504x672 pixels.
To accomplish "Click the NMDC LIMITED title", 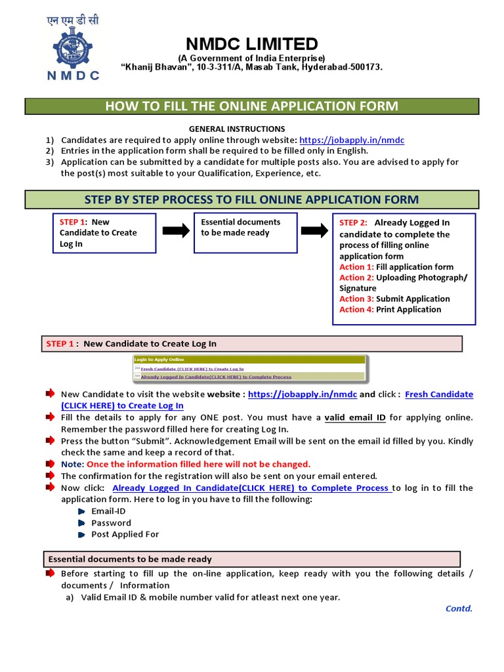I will point(251,44).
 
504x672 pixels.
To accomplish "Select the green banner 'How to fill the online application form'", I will point(252,106).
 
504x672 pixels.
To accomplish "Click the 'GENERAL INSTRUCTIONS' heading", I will point(237,129).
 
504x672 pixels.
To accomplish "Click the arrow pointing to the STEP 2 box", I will point(313,230).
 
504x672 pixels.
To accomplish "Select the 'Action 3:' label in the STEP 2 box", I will point(356,299).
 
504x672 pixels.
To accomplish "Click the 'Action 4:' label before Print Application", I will point(356,309).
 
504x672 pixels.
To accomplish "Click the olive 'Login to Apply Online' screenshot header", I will point(249,360).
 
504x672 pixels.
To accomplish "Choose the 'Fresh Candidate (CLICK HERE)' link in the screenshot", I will point(192,369).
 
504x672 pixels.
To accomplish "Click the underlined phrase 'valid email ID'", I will point(355,417).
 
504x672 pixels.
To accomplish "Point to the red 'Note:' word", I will point(72,464).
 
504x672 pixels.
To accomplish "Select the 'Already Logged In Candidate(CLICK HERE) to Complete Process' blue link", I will point(252,488).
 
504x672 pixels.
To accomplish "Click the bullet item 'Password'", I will point(111,523).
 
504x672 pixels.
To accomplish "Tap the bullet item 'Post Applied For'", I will point(125,534).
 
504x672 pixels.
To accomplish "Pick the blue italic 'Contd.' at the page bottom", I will point(459,608).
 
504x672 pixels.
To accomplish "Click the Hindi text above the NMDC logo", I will point(73,20).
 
